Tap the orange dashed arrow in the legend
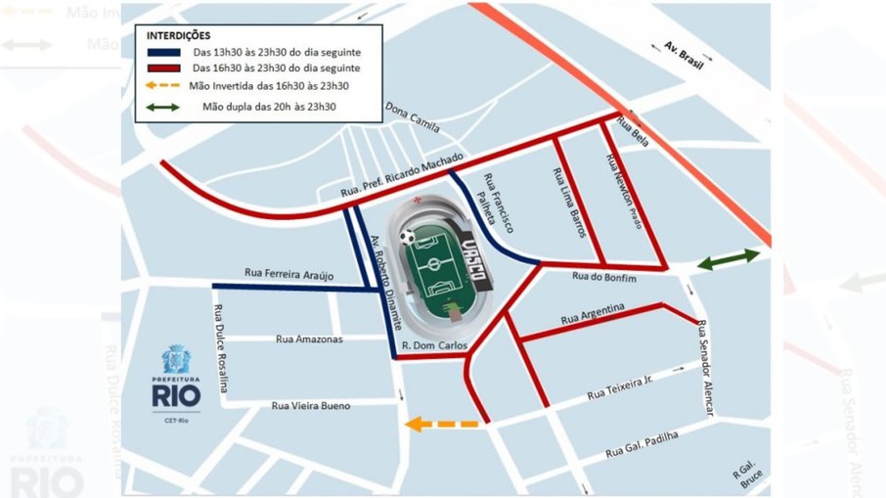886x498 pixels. [x=164, y=86]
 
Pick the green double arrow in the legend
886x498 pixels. [x=164, y=106]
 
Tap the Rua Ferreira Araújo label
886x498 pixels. [x=289, y=276]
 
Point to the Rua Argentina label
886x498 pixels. [x=592, y=315]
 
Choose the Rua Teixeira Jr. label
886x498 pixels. [x=619, y=386]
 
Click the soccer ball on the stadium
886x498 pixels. [x=408, y=237]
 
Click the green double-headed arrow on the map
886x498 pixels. [x=728, y=260]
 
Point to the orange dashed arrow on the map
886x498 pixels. [x=442, y=424]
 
